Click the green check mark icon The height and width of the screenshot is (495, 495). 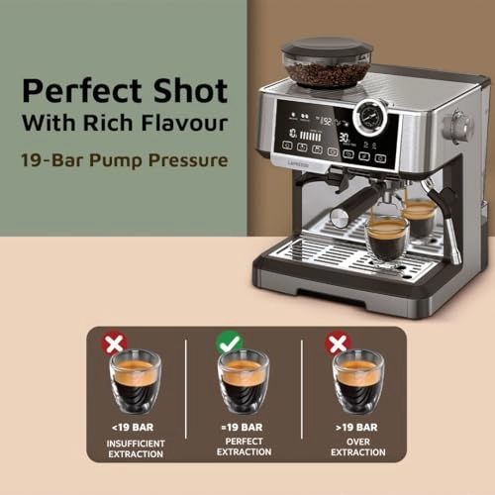[230, 343]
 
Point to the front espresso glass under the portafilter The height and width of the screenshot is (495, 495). [386, 238]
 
